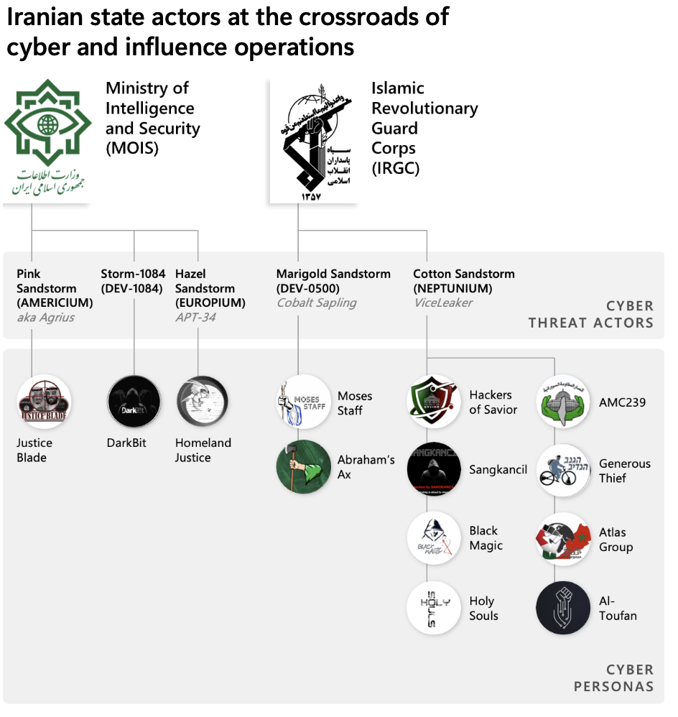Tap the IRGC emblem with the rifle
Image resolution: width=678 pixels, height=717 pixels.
[x=313, y=140]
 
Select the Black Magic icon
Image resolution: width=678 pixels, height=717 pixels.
[x=434, y=538]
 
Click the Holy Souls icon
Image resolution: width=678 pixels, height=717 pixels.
[x=434, y=608]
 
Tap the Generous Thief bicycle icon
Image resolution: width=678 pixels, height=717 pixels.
[x=563, y=471]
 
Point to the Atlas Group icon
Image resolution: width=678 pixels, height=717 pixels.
[x=563, y=539]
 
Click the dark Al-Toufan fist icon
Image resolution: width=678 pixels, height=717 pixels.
[x=563, y=608]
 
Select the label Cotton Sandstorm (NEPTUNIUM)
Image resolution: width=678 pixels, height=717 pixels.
[x=464, y=281]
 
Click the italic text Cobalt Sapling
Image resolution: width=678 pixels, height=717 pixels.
[x=317, y=302]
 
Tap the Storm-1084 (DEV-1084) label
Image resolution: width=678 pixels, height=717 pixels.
[x=133, y=281]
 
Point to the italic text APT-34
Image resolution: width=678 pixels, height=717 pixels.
[x=195, y=317]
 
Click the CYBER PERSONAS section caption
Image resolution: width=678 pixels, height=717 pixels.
[x=614, y=678]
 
